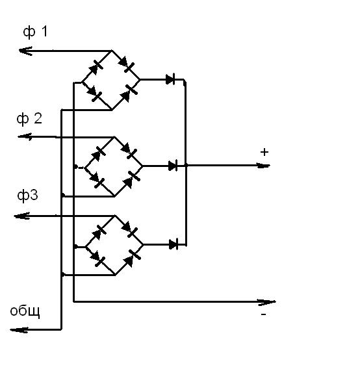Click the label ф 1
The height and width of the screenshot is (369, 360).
pos(35,32)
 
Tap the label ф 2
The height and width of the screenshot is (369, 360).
pos(29,119)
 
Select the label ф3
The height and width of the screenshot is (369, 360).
pos(27,196)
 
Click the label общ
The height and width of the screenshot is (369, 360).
pos(25,311)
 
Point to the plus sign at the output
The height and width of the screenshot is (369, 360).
pos(264,152)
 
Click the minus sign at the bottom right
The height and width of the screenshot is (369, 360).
pos(263,314)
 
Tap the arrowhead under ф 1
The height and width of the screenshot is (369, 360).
pos(25,51)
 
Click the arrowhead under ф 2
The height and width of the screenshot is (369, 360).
pos(25,136)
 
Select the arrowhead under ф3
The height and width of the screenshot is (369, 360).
pos(21,216)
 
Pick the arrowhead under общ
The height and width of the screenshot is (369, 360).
pos(19,330)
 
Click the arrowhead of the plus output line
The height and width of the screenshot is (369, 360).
pos(263,166)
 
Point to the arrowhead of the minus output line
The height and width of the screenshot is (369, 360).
pos(267,302)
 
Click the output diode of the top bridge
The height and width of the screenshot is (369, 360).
pos(170,79)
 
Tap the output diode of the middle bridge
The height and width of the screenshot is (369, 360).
pos(173,166)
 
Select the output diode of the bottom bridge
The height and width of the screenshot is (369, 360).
pos(174,244)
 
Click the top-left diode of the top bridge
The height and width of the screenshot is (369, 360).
pos(96,68)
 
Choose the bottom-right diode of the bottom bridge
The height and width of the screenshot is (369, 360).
pos(132,258)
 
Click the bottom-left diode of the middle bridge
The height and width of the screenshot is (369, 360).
pos(96,180)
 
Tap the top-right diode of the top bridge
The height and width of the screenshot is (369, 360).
pos(126,64)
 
